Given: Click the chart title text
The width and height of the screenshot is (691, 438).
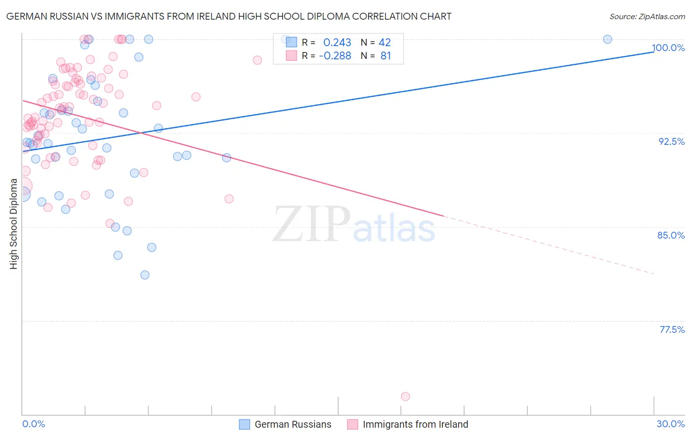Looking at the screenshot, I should [x=229, y=16].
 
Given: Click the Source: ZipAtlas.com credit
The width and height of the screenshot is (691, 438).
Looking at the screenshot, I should [x=647, y=16].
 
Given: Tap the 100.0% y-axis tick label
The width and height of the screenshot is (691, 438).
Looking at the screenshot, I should [x=668, y=48].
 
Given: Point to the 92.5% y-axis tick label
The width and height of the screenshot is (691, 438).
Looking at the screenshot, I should [x=671, y=141].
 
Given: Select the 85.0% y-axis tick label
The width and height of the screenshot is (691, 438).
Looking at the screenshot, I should [x=671, y=235].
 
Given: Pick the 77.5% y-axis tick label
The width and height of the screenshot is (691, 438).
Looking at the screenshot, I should [x=672, y=329].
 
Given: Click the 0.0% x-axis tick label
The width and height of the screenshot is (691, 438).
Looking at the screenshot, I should [x=33, y=424].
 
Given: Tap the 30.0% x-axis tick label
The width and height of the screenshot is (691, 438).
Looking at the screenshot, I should [x=670, y=424].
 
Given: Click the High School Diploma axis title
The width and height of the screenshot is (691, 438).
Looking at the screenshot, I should [x=14, y=223].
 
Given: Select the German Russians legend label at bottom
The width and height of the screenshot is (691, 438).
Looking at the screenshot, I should [x=293, y=424].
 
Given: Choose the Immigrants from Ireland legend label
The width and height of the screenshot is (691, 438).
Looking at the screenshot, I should [x=415, y=424].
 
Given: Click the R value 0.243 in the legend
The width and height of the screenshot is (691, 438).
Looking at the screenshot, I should [x=337, y=43].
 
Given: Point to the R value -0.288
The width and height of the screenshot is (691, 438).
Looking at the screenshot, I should [x=335, y=56].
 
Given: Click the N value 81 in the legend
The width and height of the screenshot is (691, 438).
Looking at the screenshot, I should [x=386, y=56].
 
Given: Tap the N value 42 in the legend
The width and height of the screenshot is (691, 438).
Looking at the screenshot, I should [x=385, y=43].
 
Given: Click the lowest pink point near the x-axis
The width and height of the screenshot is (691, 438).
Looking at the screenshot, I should [x=405, y=396].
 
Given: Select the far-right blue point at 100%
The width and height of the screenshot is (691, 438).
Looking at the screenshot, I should [x=607, y=39].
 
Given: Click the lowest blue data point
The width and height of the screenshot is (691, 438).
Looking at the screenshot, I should [x=145, y=275].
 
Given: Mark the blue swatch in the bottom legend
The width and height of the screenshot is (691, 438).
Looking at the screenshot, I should [x=244, y=424].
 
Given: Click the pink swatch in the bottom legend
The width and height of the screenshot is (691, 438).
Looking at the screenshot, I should [x=352, y=424].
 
